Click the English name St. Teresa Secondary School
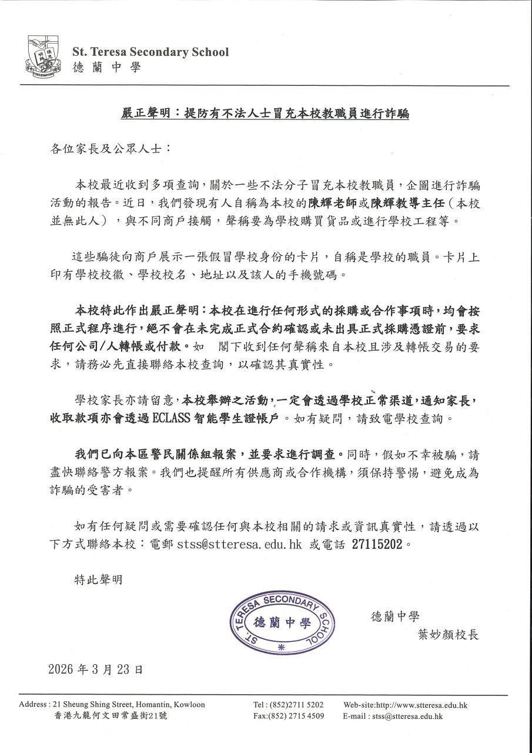(150, 52)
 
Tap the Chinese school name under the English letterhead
(107, 68)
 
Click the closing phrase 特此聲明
(98, 579)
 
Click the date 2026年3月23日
(95, 669)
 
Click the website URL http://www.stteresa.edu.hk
(405, 705)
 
